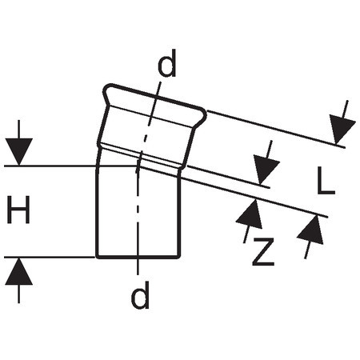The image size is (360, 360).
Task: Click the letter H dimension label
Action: (18, 210)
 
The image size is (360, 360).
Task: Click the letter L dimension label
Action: (326, 180)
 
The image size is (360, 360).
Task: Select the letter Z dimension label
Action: (263, 252)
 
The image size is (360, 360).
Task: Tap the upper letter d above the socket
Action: (167, 63)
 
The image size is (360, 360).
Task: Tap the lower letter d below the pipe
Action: (140, 294)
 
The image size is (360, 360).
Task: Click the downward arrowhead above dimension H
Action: (18, 151)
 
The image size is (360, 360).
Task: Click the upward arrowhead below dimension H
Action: (18, 271)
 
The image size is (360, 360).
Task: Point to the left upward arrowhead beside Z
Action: (250, 214)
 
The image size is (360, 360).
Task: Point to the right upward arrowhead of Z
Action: (311, 230)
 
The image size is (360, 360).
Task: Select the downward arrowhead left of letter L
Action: (266, 170)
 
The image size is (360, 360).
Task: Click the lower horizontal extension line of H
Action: (50, 258)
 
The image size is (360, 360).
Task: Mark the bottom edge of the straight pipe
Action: (138, 258)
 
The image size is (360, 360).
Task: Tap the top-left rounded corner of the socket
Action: (106, 89)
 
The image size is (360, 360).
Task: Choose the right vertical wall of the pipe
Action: (178, 214)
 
